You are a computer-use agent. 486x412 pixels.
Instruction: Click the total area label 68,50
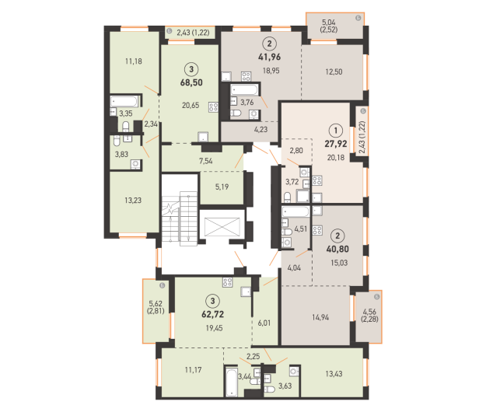point(191,82)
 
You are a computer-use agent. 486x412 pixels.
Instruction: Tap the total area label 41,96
point(269,57)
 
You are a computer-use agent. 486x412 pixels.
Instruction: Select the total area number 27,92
point(336,144)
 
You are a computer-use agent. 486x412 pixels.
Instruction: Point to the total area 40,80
point(337,249)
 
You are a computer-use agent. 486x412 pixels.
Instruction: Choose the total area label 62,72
point(212,314)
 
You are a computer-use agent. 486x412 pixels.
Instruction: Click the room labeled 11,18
point(134,61)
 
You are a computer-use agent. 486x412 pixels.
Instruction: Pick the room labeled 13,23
point(133,201)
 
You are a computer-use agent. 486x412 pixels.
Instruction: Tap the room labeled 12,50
point(334,72)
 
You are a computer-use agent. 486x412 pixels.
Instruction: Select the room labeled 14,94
point(320,317)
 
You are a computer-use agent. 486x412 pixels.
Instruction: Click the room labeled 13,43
point(334,374)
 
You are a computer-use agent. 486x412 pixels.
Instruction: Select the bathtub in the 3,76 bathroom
point(244,90)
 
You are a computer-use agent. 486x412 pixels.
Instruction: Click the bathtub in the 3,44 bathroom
point(231,382)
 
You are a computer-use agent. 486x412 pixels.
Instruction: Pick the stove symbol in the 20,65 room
point(213,107)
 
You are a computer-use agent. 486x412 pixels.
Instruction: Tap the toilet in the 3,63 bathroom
point(269,389)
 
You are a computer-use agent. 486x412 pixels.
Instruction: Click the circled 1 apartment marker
point(336,131)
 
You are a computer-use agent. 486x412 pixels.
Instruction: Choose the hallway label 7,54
point(206,161)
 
